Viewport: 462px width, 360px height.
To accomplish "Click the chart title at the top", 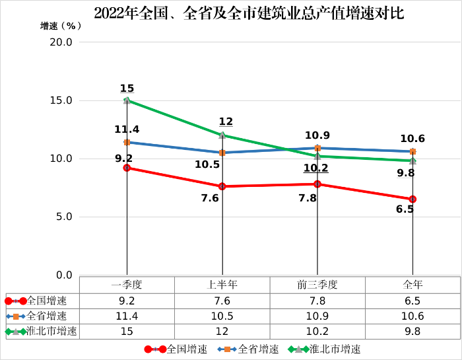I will (x=249, y=13).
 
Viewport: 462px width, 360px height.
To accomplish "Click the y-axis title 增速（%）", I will (x=61, y=26).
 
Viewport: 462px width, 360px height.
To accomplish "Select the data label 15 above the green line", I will (x=127, y=89).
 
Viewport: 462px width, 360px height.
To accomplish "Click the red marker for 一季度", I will (x=127, y=168).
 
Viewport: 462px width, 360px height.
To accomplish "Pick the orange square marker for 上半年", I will (x=222, y=153).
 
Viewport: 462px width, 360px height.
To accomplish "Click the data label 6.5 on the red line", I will (x=405, y=209).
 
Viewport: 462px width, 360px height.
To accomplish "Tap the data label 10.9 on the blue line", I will (x=317, y=135).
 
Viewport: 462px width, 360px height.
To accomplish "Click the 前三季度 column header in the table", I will (x=317, y=285).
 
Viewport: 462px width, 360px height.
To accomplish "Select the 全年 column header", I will (x=412, y=285).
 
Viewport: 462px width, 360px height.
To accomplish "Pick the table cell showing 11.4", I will (x=127, y=316).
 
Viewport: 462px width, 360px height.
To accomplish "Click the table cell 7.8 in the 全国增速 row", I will (x=317, y=301).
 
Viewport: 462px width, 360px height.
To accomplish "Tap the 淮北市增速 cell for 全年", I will (x=412, y=332).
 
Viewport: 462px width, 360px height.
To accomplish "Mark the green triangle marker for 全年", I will (x=412, y=161).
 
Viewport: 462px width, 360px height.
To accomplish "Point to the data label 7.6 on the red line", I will (x=209, y=198).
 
